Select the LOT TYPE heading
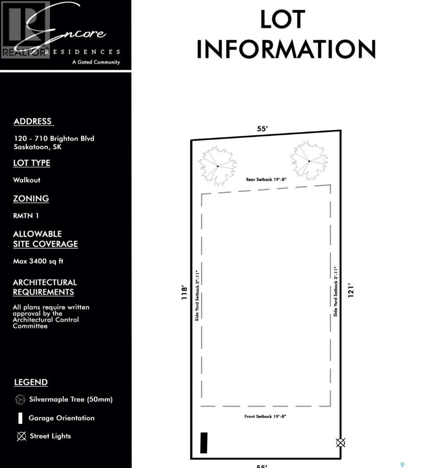pos(32,163)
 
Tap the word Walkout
pos(27,180)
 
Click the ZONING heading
pos(31,199)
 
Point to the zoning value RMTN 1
pos(26,216)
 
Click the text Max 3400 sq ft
pos(38,261)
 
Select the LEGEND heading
pos(31,382)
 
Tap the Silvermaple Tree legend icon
pos(20,399)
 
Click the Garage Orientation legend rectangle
pos(20,418)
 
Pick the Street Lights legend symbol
pos(21,436)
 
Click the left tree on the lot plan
pos(217,166)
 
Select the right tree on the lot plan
pos(309,161)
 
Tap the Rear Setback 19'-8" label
pos(266,179)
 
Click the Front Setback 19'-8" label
pos(265,417)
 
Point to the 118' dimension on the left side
pos(185,292)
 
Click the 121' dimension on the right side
pos(351,291)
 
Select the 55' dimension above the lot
pos(263,129)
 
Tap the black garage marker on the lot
pos(204,443)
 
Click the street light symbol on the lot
pos(341,443)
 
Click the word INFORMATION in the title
pos(286,50)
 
